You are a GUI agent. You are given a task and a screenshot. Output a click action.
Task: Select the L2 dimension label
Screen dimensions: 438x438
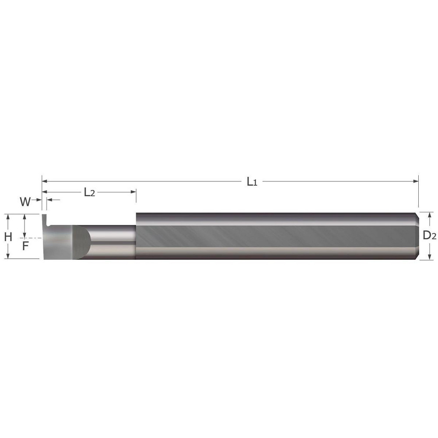click(x=89, y=192)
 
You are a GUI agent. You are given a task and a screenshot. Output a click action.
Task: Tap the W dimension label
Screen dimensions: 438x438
click(x=25, y=201)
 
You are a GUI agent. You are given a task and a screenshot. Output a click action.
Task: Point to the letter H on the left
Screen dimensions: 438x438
click(x=8, y=237)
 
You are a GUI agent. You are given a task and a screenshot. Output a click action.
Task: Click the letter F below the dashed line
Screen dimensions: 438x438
click(x=25, y=246)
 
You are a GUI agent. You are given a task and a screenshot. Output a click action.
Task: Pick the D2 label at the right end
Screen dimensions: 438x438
click(x=429, y=236)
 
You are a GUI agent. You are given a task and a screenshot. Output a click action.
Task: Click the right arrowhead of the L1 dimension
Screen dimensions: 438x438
click(x=416, y=181)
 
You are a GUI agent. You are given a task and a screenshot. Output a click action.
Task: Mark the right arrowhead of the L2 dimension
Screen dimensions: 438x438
click(x=133, y=192)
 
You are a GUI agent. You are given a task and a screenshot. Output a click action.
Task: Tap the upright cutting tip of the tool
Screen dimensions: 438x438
click(x=45, y=219)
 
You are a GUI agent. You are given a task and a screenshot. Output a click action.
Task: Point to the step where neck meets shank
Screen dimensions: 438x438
click(x=136, y=237)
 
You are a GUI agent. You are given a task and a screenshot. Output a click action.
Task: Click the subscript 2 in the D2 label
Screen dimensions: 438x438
click(x=434, y=237)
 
